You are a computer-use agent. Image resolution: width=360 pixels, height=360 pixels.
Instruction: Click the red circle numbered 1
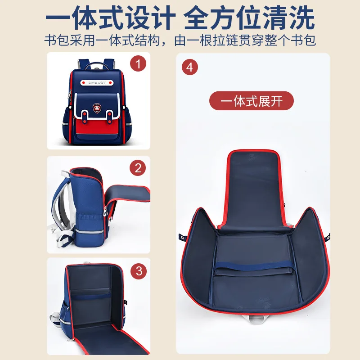point(138,64)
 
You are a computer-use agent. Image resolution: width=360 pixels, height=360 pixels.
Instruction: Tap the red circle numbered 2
point(138,168)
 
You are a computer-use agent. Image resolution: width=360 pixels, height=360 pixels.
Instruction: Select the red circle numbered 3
point(138,271)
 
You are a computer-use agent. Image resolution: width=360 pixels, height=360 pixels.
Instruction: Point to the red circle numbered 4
point(189,67)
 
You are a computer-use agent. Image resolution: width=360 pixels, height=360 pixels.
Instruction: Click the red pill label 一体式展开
point(252,101)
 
